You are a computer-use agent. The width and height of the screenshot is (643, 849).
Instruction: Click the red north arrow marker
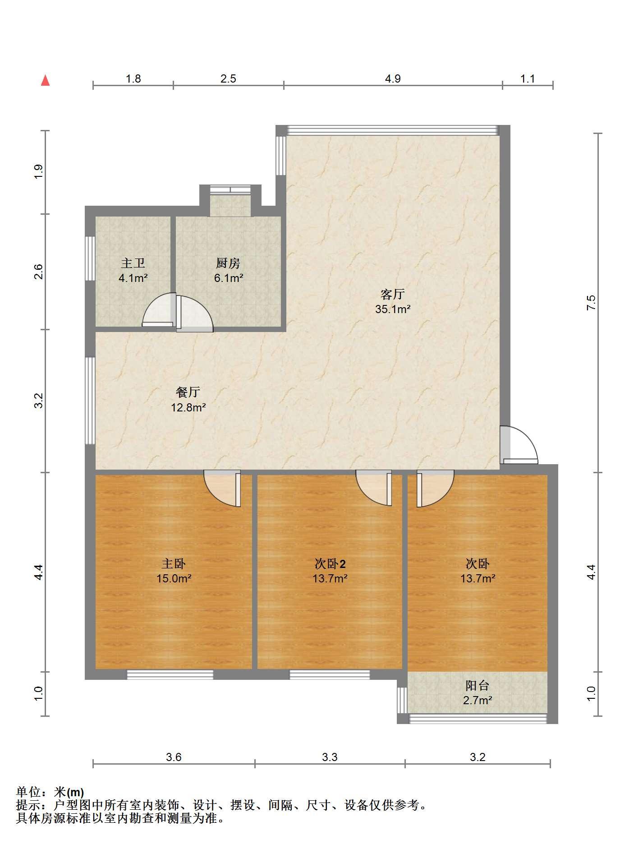pyautogui.click(x=45, y=80)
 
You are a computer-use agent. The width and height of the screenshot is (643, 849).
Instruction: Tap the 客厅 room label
pyautogui.click(x=392, y=294)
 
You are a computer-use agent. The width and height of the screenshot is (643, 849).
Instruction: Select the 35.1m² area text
pyautogui.click(x=393, y=309)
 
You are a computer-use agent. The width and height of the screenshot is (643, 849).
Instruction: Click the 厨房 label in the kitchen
pyautogui.click(x=228, y=263)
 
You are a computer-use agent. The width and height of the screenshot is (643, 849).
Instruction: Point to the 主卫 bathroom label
pyautogui.click(x=133, y=263)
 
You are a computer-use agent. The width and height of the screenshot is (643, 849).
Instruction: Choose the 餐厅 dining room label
pyautogui.click(x=188, y=392)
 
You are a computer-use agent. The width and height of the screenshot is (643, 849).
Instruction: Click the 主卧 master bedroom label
pyautogui.click(x=174, y=563)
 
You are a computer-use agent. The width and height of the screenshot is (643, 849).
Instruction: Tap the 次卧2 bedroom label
pyautogui.click(x=330, y=563)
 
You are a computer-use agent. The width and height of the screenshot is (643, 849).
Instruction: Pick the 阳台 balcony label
pyautogui.click(x=477, y=686)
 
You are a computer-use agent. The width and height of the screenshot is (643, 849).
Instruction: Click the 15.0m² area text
pyautogui.click(x=174, y=578)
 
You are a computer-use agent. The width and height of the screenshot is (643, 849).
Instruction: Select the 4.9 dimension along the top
pyautogui.click(x=393, y=79)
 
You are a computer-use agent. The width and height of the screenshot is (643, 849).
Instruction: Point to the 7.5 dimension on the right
pyautogui.click(x=591, y=302)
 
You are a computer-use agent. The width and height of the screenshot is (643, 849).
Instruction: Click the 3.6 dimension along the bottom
pyautogui.click(x=174, y=757)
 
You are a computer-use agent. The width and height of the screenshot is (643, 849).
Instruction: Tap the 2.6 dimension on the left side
pyautogui.click(x=39, y=272)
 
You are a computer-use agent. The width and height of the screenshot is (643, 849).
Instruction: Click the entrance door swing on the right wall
pyautogui.click(x=519, y=445)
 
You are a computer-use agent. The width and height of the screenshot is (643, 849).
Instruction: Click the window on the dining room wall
pyautogui.click(x=90, y=401)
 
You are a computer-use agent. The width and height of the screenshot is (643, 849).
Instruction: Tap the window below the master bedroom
pyautogui.click(x=170, y=674)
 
